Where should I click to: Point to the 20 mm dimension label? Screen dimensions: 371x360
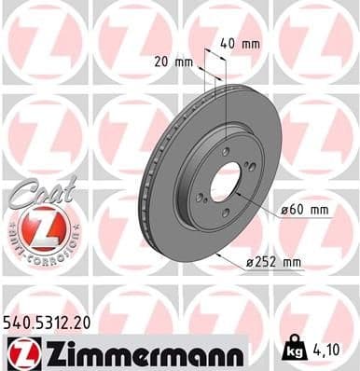tap(176, 62)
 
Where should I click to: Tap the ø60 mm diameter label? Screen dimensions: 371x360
tap(305, 211)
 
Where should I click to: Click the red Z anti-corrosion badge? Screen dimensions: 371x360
tap(37, 227)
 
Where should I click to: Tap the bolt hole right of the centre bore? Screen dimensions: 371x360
tap(249, 168)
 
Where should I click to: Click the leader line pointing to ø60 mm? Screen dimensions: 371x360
tap(262, 202)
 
